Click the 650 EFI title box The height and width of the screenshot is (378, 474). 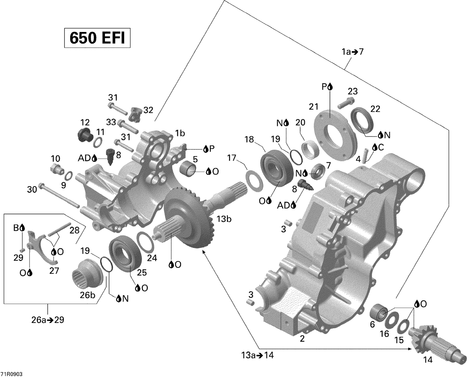[97, 38]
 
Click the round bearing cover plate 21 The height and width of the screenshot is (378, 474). [334, 134]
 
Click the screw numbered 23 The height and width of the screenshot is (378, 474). [346, 103]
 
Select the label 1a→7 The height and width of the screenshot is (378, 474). [353, 52]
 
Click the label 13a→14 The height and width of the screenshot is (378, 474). [256, 356]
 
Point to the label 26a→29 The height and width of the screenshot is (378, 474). [48, 320]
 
